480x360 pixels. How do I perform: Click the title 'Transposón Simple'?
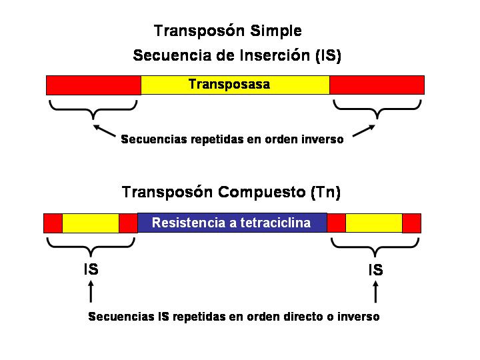tap(227, 31)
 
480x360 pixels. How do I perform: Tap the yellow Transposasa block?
tap(235, 85)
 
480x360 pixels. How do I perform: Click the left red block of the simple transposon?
tap(93, 85)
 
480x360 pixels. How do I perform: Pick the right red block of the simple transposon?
tap(377, 85)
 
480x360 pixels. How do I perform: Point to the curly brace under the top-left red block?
tap(93, 109)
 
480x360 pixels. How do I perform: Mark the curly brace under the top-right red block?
tap(377, 109)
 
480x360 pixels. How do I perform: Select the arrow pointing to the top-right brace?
tap(362, 131)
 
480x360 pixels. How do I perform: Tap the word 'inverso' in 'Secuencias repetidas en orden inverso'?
tap(322, 140)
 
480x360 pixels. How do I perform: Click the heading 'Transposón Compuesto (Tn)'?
tap(231, 193)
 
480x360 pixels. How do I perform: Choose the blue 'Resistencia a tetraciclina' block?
tap(232, 223)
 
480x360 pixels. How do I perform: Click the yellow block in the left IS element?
tap(90, 223)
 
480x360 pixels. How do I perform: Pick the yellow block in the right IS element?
tap(373, 223)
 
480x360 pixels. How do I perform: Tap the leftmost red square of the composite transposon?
tap(53, 223)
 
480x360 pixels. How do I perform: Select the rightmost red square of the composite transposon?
tap(411, 223)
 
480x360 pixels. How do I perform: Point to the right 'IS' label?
tap(376, 270)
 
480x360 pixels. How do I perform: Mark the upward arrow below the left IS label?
tap(91, 291)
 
